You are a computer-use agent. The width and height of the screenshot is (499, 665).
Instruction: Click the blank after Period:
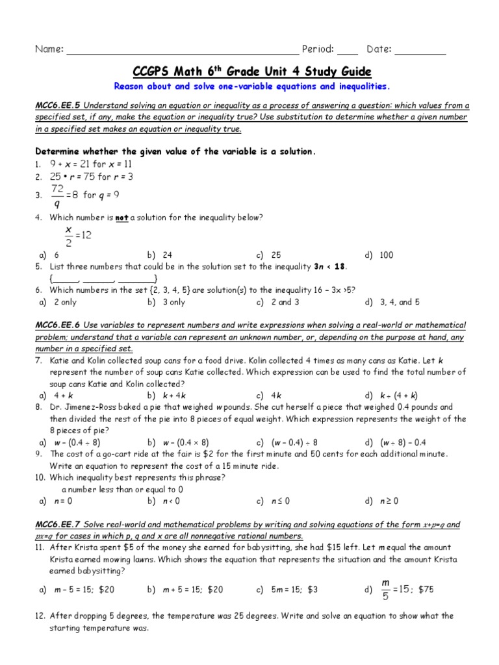tap(348, 51)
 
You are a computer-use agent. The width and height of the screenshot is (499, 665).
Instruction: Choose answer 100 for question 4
tap(386, 255)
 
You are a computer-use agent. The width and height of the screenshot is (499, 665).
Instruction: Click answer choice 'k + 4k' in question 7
tap(174, 395)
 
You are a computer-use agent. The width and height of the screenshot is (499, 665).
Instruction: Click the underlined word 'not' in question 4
tap(121, 218)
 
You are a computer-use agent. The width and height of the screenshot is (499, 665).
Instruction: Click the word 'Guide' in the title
tap(351, 71)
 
